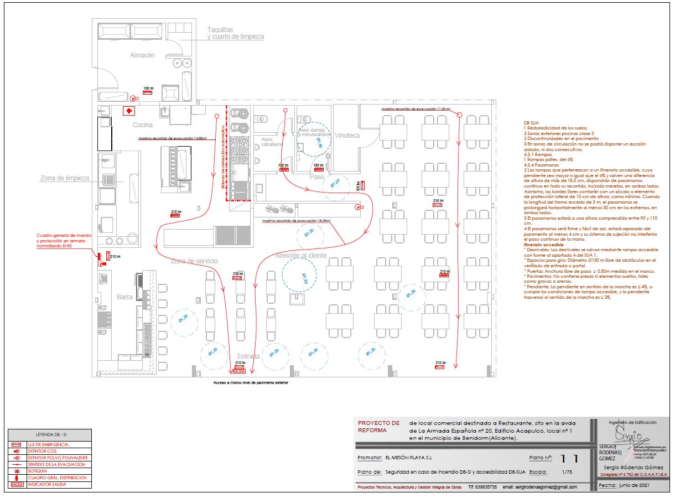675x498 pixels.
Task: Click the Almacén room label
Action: (x=142, y=55)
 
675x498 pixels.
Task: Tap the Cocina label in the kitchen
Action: (x=143, y=125)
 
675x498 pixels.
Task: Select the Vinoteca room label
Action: (x=347, y=135)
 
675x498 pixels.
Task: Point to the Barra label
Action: (x=124, y=297)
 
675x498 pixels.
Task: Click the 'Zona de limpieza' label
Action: (x=65, y=178)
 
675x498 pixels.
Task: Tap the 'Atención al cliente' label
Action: (x=301, y=256)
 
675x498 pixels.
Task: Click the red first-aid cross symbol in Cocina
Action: (x=128, y=111)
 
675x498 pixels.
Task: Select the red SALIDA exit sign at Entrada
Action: (x=239, y=371)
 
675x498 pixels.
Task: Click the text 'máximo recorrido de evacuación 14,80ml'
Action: (x=173, y=138)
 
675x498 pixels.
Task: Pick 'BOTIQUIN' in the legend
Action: (x=38, y=471)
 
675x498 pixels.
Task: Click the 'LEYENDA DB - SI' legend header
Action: (x=50, y=435)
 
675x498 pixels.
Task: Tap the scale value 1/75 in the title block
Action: (x=567, y=472)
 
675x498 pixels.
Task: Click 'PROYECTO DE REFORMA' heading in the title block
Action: (x=379, y=426)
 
